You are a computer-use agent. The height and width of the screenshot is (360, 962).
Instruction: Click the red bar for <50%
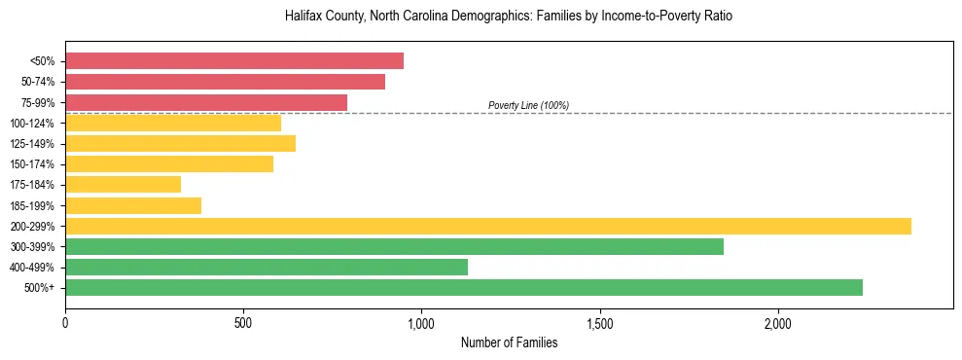pyautogui.click(x=234, y=60)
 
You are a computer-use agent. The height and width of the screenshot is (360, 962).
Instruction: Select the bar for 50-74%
pyautogui.click(x=225, y=82)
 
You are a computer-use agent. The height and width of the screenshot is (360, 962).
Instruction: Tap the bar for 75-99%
pyautogui.click(x=206, y=102)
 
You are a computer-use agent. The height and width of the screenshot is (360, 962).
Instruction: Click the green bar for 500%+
pyautogui.click(x=464, y=287)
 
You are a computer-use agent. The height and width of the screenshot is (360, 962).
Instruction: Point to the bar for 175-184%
pyautogui.click(x=123, y=184)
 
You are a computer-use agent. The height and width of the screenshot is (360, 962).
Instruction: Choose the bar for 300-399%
pyautogui.click(x=394, y=246)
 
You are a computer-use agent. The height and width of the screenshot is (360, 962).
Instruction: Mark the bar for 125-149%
pyautogui.click(x=180, y=143)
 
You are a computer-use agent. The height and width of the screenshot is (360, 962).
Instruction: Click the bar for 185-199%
pyautogui.click(x=133, y=205)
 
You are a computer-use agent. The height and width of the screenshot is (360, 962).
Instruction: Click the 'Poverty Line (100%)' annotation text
pyautogui.click(x=528, y=105)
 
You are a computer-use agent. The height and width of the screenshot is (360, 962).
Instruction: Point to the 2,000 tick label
pyautogui.click(x=778, y=323)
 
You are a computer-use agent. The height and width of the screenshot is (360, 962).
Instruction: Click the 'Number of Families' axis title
pyautogui.click(x=509, y=342)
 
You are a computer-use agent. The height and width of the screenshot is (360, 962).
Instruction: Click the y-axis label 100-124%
pyautogui.click(x=32, y=124)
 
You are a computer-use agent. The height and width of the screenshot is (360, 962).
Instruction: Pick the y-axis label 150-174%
pyautogui.click(x=32, y=164)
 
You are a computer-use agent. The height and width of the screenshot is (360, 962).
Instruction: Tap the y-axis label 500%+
pyautogui.click(x=40, y=288)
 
